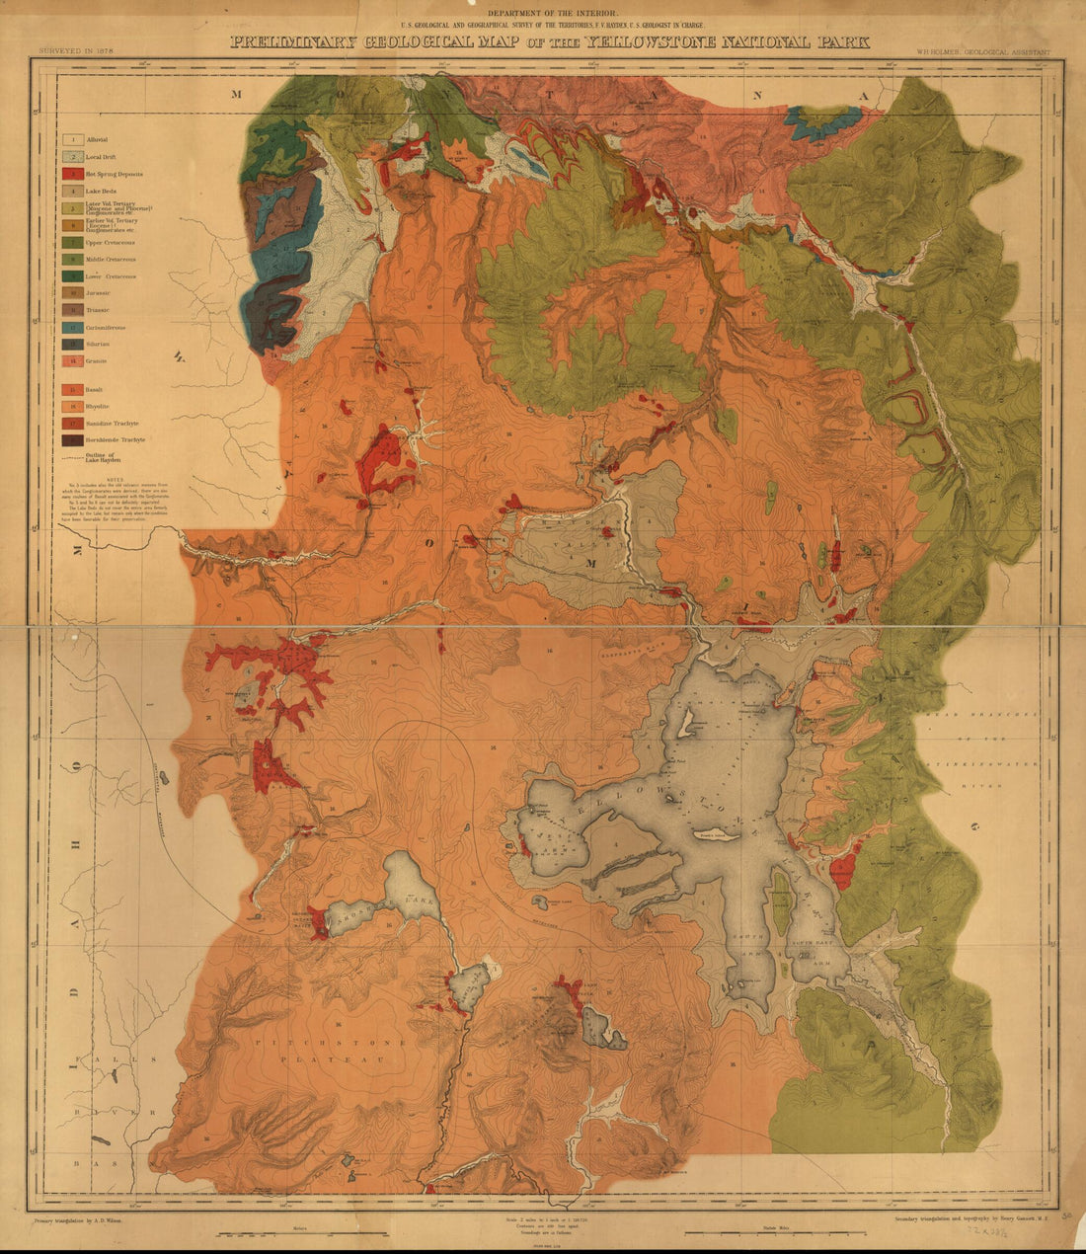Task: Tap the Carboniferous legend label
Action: pyautogui.click(x=111, y=327)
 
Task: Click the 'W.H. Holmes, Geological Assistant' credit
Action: pyautogui.click(x=982, y=48)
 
